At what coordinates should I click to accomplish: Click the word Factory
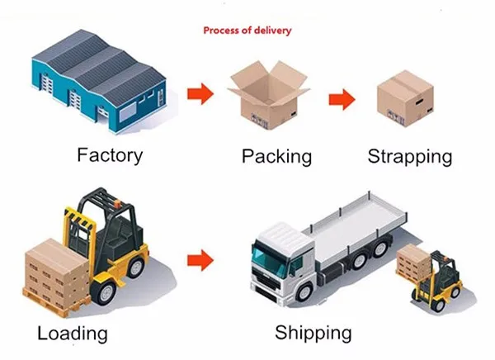[110, 154]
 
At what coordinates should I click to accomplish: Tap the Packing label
[276, 156]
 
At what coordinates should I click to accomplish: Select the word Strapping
[409, 156]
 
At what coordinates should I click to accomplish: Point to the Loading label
[72, 334]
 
